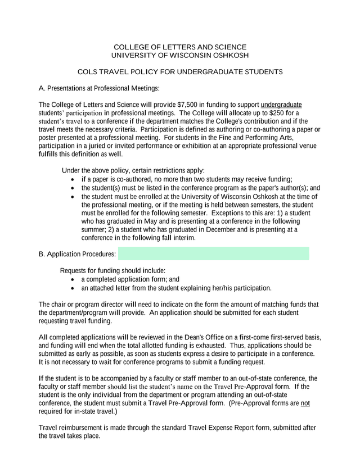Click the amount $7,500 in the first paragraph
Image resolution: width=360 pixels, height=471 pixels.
click(188, 105)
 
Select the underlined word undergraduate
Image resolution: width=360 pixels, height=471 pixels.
click(281, 105)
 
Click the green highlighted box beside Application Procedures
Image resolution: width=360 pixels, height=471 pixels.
click(213, 253)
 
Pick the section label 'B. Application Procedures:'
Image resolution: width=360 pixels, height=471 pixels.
click(77, 254)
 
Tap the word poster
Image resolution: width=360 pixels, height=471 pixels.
click(48, 137)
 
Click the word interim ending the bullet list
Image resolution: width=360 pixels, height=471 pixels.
click(183, 238)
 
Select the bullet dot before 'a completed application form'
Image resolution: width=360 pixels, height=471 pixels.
click(74, 279)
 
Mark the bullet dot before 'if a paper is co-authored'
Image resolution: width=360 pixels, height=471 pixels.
click(74, 179)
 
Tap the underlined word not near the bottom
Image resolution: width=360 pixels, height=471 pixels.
click(305, 403)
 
